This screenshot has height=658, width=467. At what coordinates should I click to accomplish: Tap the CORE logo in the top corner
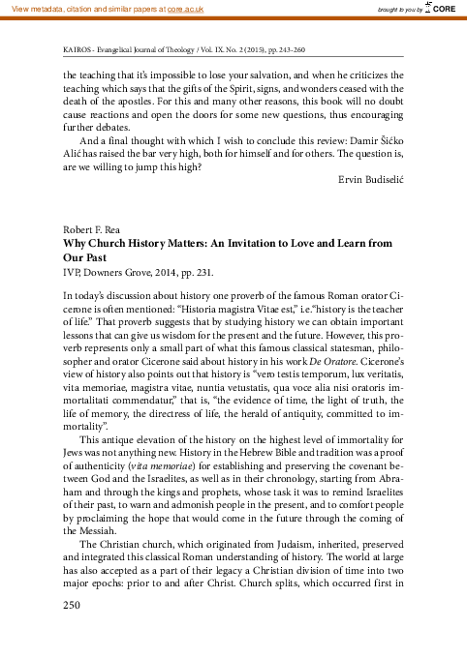pos(442,9)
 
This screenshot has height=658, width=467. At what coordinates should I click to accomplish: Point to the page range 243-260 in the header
pos(285,46)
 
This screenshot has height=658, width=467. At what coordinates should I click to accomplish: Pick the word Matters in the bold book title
pos(189,246)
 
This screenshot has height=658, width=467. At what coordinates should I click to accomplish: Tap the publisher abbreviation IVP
pos(71,275)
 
